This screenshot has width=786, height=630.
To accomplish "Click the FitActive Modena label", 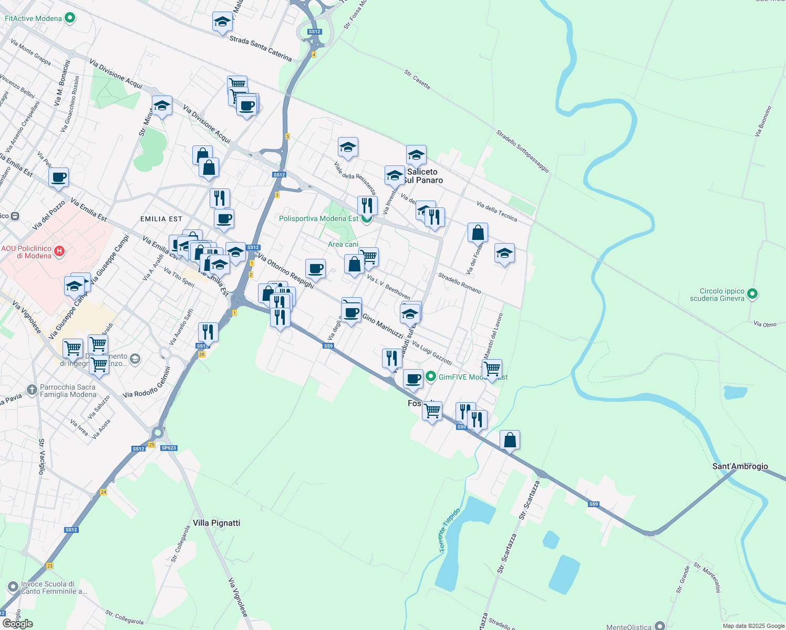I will coord(33,18).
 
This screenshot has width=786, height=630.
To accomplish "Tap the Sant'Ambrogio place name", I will coord(740,466).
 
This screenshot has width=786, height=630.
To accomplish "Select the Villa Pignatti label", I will coord(216,523).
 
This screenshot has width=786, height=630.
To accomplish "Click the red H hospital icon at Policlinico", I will coord(59,251).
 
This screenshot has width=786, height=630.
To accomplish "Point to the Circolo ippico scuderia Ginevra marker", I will coord(752,295).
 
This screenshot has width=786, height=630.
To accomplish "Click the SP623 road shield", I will coord(169,448).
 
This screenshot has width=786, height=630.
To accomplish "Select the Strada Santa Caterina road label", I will coord(261,48).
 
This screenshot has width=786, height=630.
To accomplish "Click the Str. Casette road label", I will coord(417,79).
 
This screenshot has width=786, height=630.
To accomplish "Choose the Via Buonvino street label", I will coord(763,121).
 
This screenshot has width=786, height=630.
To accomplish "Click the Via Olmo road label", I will coord(764,324).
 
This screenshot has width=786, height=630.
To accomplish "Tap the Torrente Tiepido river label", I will coord(449,530).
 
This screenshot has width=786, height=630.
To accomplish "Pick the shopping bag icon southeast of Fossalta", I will coord(510,440).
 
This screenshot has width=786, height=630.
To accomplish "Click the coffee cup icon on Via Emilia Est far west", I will coord(59,177).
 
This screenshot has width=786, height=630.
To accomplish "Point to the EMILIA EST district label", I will coord(161,219).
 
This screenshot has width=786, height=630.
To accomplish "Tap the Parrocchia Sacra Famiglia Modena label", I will coord(68,391).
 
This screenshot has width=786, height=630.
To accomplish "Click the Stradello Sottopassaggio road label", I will coord(523,152).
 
